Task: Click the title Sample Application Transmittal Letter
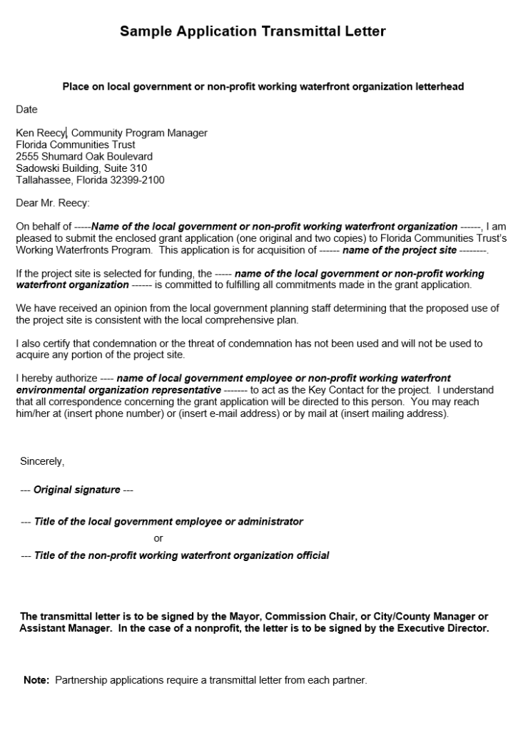[253, 31]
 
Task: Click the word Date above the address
[26, 110]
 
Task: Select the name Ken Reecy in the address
[41, 133]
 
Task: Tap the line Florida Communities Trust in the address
[75, 145]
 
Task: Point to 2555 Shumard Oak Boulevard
[84, 157]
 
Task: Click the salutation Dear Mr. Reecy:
[53, 203]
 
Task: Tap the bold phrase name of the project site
[400, 250]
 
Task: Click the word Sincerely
[42, 462]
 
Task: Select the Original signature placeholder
[77, 490]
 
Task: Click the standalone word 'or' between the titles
[158, 538]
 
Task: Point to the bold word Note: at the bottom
[36, 681]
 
